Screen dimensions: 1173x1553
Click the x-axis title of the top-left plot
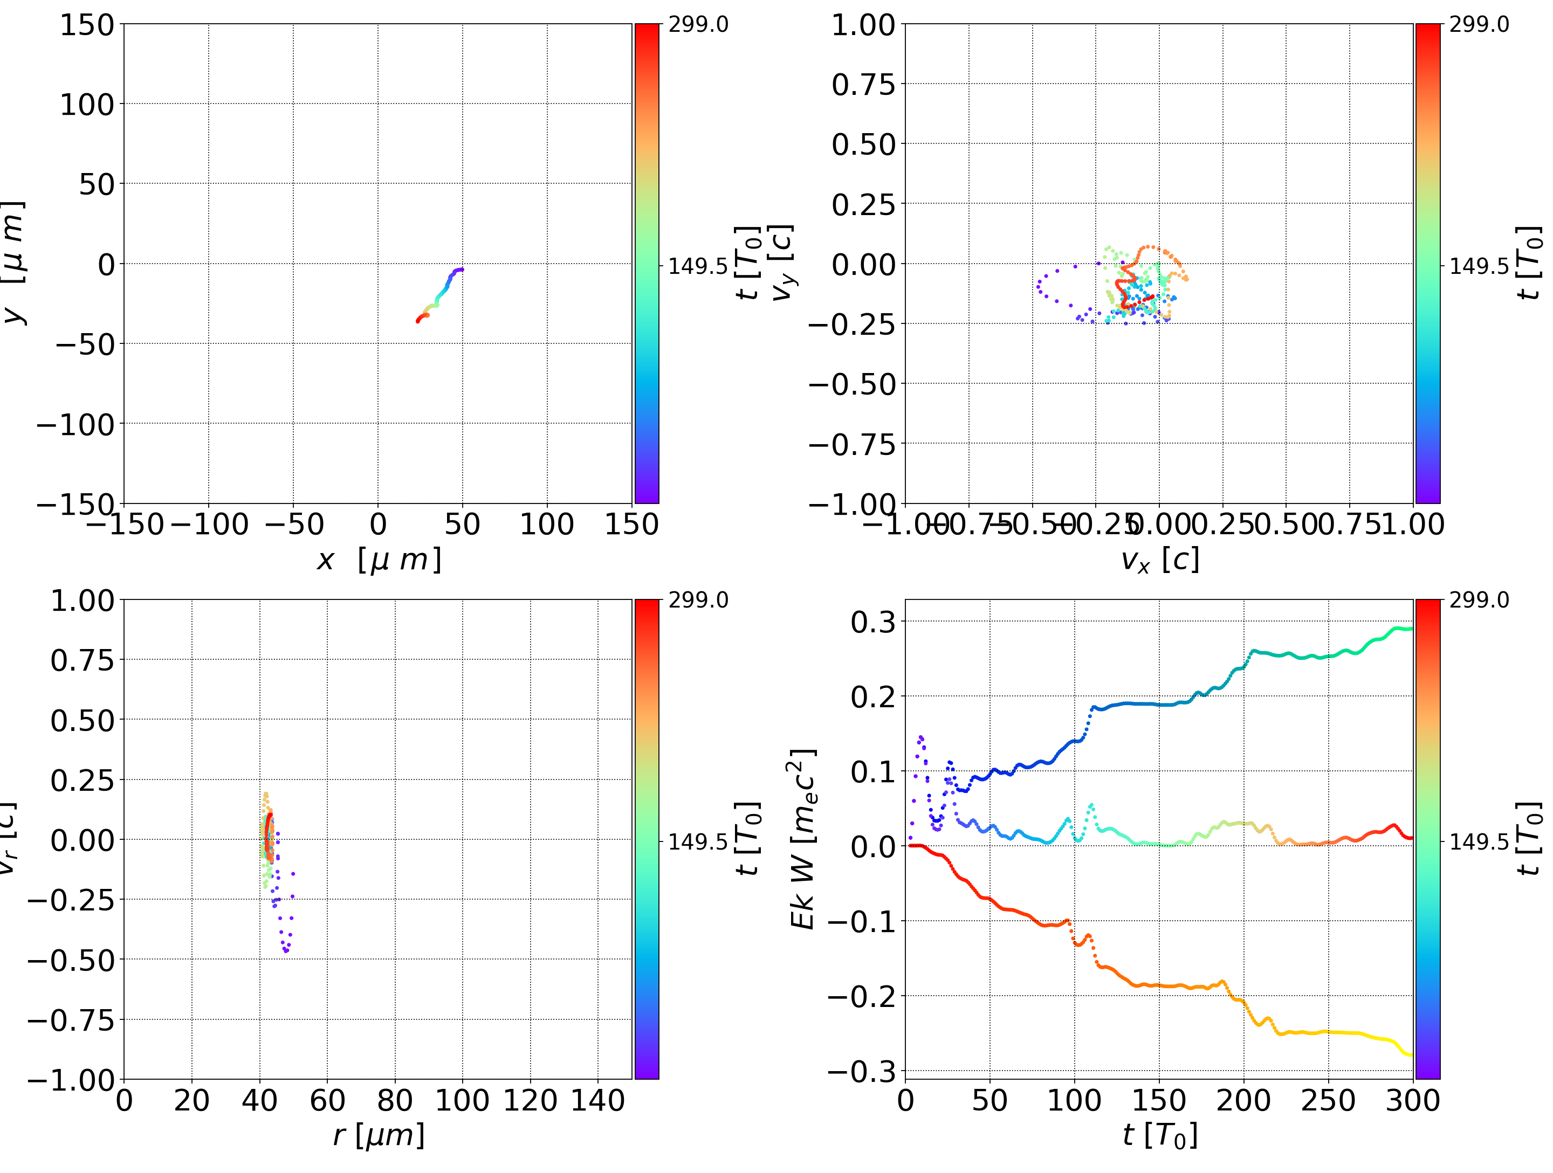(x=379, y=560)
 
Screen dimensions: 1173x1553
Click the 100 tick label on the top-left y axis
(x=86, y=105)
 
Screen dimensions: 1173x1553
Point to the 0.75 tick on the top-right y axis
(x=863, y=84)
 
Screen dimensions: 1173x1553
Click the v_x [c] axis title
(x=1160, y=560)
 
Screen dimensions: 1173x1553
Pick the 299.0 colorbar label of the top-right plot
(x=1479, y=25)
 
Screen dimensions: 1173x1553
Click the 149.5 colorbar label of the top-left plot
(x=698, y=267)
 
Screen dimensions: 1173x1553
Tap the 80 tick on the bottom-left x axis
(x=395, y=1101)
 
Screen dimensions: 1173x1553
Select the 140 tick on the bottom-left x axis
(x=597, y=1101)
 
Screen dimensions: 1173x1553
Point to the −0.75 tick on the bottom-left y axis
(x=70, y=1020)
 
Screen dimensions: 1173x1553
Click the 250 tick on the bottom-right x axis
(x=1328, y=1101)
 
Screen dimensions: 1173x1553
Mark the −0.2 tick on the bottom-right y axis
(x=862, y=996)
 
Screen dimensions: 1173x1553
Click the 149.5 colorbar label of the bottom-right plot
(x=1479, y=841)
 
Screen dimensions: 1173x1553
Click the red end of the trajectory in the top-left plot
(x=418, y=321)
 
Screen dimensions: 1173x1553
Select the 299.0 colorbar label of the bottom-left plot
(x=698, y=600)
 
